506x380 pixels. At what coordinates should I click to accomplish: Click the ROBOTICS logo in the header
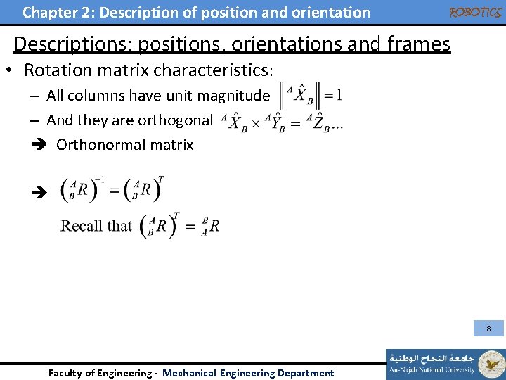[475, 13]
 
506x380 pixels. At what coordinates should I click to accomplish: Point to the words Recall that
[96, 226]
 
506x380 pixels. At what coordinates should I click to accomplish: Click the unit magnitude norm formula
[311, 95]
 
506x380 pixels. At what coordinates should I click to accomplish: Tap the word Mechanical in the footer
[190, 373]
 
